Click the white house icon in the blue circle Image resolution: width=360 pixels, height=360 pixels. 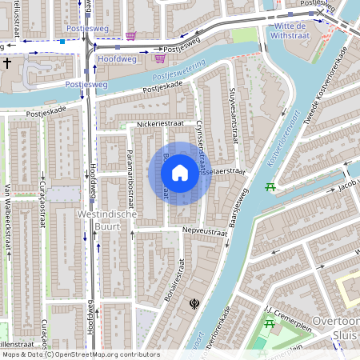click(x=180, y=173)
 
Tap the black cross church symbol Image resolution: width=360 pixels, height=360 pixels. click(x=7, y=62)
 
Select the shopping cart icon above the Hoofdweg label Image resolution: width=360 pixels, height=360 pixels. click(x=130, y=36)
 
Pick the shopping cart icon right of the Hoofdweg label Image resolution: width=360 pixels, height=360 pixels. click(x=159, y=58)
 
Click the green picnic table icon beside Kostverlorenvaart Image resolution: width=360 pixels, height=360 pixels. click(x=270, y=187)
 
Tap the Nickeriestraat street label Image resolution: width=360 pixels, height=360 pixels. click(x=159, y=126)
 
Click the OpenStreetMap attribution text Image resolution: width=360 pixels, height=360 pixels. click(x=80, y=354)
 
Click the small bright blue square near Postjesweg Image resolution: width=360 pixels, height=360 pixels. click(x=62, y=41)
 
